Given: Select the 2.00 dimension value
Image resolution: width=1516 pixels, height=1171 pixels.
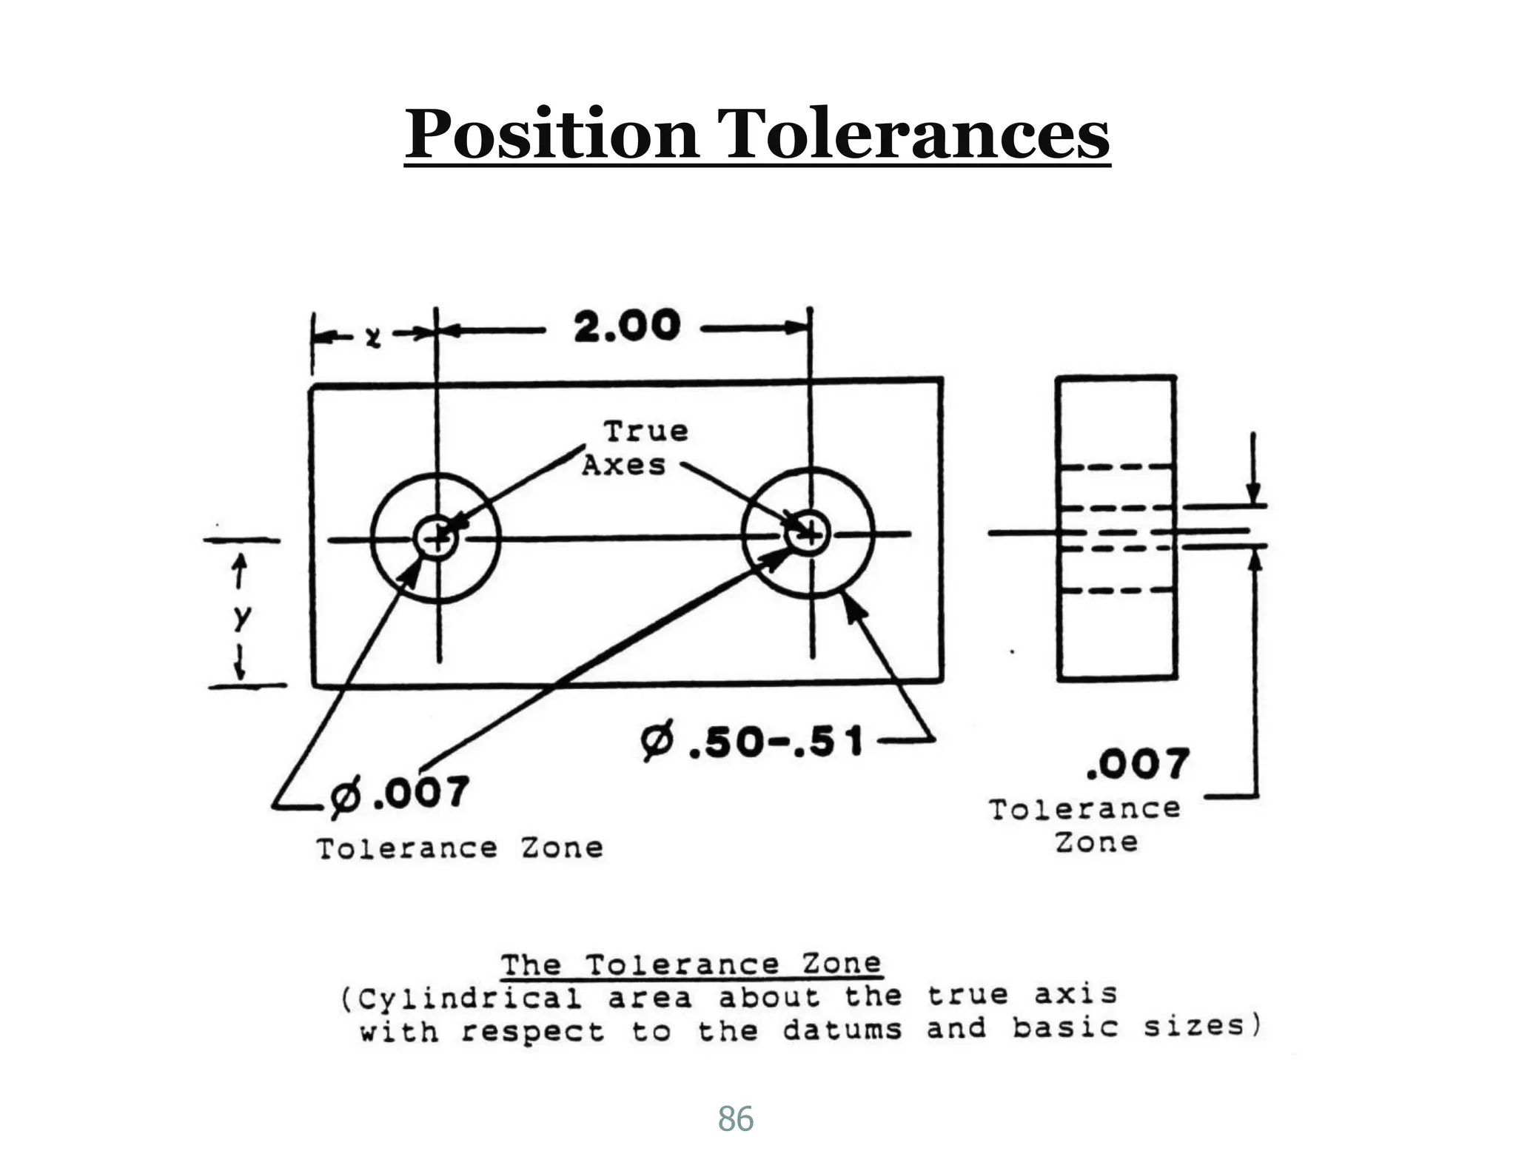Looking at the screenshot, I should (626, 326).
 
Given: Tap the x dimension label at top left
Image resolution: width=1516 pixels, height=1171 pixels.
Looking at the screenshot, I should (374, 337).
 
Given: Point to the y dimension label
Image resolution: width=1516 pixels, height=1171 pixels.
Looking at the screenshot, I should (242, 616).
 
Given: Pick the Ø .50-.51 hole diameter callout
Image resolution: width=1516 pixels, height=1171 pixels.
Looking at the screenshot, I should (752, 742).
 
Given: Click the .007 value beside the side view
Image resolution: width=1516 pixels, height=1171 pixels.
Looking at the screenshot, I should (1138, 765).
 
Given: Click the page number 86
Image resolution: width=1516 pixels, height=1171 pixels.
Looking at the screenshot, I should (735, 1119).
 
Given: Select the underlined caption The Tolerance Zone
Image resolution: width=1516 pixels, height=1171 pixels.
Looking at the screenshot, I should (691, 965).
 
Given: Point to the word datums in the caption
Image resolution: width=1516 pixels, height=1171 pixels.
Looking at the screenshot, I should (842, 1030).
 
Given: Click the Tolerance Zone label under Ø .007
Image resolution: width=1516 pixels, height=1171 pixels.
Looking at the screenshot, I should (459, 848).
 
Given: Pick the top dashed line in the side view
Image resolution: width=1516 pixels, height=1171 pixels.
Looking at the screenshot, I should (1116, 467).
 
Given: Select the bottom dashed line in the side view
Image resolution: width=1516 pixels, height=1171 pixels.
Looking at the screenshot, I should (1116, 591).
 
